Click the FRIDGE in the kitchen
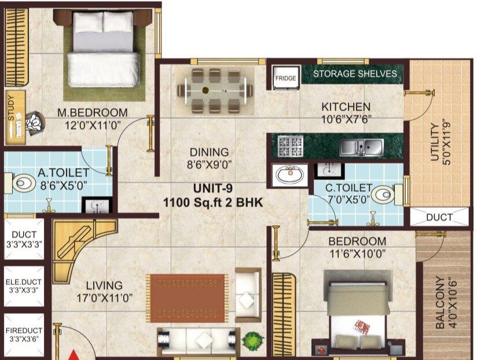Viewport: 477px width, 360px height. point(285,78)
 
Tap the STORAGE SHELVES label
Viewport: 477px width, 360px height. point(355,74)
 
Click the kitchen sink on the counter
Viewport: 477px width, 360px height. point(361,147)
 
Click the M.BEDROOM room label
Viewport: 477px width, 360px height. point(93,112)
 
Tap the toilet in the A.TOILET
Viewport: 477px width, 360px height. point(23,184)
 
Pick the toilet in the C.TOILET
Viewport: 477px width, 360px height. point(384,195)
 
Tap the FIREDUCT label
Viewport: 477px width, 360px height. point(24,330)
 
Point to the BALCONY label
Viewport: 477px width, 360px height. point(441,302)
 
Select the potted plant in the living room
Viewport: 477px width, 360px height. point(252,340)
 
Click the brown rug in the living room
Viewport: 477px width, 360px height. point(187,297)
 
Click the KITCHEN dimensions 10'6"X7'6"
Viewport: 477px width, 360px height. point(346,120)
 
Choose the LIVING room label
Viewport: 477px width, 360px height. point(104,285)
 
